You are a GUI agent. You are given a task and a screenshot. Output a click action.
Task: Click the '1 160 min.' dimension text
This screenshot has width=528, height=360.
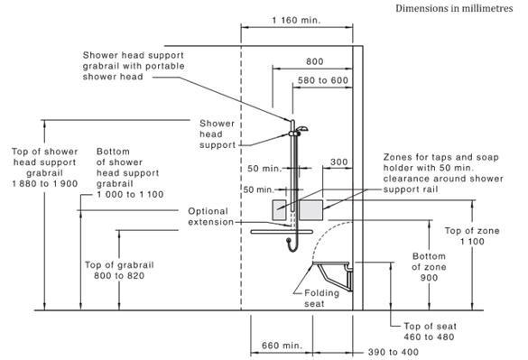click(x=296, y=20)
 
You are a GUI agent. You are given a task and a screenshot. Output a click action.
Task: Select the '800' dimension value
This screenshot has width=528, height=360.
click(x=315, y=61)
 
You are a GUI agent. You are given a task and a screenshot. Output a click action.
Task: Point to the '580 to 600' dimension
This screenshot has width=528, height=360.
click(x=323, y=80)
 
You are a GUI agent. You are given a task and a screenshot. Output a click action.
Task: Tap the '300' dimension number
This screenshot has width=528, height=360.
click(x=338, y=162)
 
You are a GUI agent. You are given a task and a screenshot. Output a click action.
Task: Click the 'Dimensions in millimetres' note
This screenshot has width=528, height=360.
click(x=454, y=8)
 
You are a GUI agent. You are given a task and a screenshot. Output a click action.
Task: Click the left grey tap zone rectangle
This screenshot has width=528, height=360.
click(x=279, y=210)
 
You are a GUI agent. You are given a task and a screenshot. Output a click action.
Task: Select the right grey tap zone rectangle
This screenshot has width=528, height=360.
click(x=310, y=210)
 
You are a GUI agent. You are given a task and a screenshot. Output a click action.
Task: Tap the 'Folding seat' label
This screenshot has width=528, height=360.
click(x=321, y=298)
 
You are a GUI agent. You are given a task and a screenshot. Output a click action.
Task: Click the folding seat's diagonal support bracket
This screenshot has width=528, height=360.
click(x=326, y=275)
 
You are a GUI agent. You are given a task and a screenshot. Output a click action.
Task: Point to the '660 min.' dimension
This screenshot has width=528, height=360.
click(x=282, y=346)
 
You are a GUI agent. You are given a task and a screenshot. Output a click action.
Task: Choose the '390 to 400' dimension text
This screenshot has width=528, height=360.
click(x=393, y=352)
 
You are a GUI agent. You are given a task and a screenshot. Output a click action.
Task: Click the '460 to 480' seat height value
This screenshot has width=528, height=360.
click(x=429, y=337)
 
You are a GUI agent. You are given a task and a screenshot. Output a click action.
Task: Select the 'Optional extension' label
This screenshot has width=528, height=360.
click(x=211, y=217)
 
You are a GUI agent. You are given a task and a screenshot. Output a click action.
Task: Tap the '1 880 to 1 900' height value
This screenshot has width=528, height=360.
click(x=45, y=184)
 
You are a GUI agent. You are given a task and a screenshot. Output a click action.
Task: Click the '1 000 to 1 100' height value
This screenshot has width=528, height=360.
click(x=130, y=194)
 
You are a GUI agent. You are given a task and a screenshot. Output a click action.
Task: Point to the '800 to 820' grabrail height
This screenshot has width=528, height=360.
click(x=119, y=275)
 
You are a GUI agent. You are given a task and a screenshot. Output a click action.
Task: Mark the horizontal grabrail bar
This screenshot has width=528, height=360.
click(x=282, y=232)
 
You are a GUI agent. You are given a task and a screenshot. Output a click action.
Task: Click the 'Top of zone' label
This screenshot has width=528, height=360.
click(x=472, y=231)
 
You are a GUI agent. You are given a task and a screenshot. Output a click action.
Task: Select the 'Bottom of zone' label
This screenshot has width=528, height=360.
click(x=429, y=262)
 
